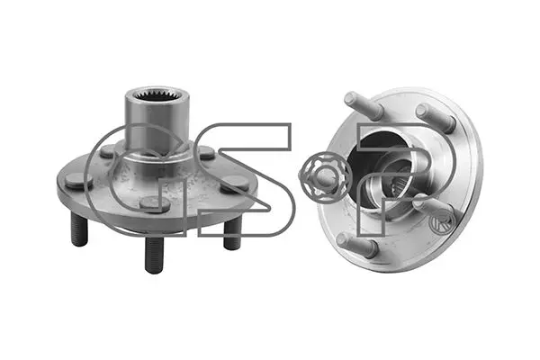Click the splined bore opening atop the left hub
[157, 95]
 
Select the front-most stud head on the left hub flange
[155, 203]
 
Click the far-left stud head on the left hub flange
[79, 181]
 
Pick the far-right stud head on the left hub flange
[234, 184]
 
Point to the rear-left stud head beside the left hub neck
[110, 151]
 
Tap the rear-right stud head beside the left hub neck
[207, 153]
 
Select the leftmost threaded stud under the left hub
[79, 229]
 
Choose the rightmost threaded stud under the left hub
[232, 235]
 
